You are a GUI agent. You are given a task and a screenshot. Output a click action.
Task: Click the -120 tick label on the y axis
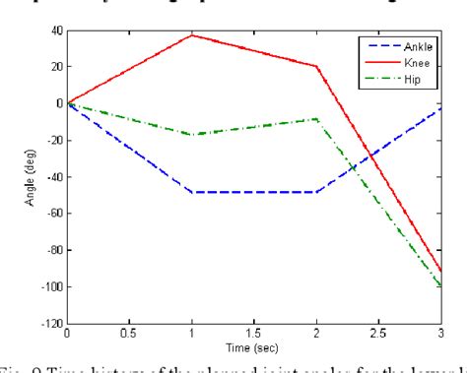(x=50, y=324)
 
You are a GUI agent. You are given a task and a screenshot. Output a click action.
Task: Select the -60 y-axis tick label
(x=53, y=214)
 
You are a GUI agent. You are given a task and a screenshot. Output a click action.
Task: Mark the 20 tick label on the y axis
(x=55, y=66)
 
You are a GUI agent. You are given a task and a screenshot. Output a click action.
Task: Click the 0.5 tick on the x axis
(x=128, y=335)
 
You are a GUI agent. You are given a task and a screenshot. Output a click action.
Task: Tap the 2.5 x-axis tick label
(x=378, y=335)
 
